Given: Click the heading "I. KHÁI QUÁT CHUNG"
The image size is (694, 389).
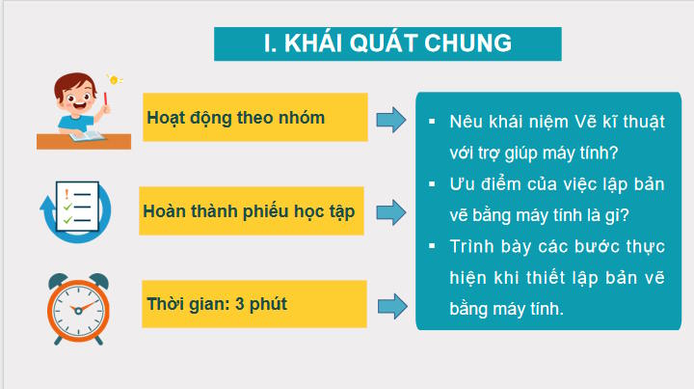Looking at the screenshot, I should tap(387, 43).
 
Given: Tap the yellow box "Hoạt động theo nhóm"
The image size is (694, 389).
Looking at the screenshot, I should tap(254, 118).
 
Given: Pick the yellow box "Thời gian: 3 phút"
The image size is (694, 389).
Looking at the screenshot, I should tap(254, 304).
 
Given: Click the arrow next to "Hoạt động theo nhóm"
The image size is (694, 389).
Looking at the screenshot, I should tap(389, 119).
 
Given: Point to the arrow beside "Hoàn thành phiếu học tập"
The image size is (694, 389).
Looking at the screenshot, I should tap(389, 209).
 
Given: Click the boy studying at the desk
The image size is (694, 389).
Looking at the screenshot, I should tap(82, 108).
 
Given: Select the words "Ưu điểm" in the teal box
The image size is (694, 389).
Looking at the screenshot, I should tap(477, 184).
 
